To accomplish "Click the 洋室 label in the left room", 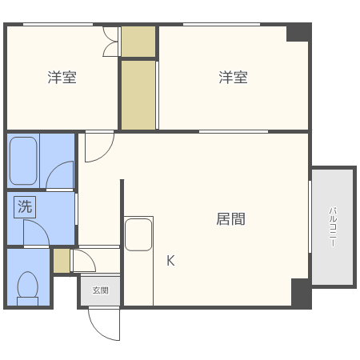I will (x=62, y=78).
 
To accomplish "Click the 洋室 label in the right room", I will (x=234, y=78).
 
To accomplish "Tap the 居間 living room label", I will (x=230, y=218).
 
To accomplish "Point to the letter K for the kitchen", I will (x=170, y=261).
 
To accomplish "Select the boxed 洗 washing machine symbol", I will (x=25, y=206).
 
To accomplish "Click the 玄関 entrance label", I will (x=100, y=290).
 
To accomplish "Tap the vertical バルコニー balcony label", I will (x=332, y=226).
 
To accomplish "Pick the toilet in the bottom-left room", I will (x=28, y=286).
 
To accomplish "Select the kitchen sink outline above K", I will (x=138, y=234).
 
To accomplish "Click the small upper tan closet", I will (x=138, y=42).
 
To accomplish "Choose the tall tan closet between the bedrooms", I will (x=138, y=94).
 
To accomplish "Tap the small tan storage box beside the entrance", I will (x=62, y=261).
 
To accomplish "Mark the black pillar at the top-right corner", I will (x=298, y=32).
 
